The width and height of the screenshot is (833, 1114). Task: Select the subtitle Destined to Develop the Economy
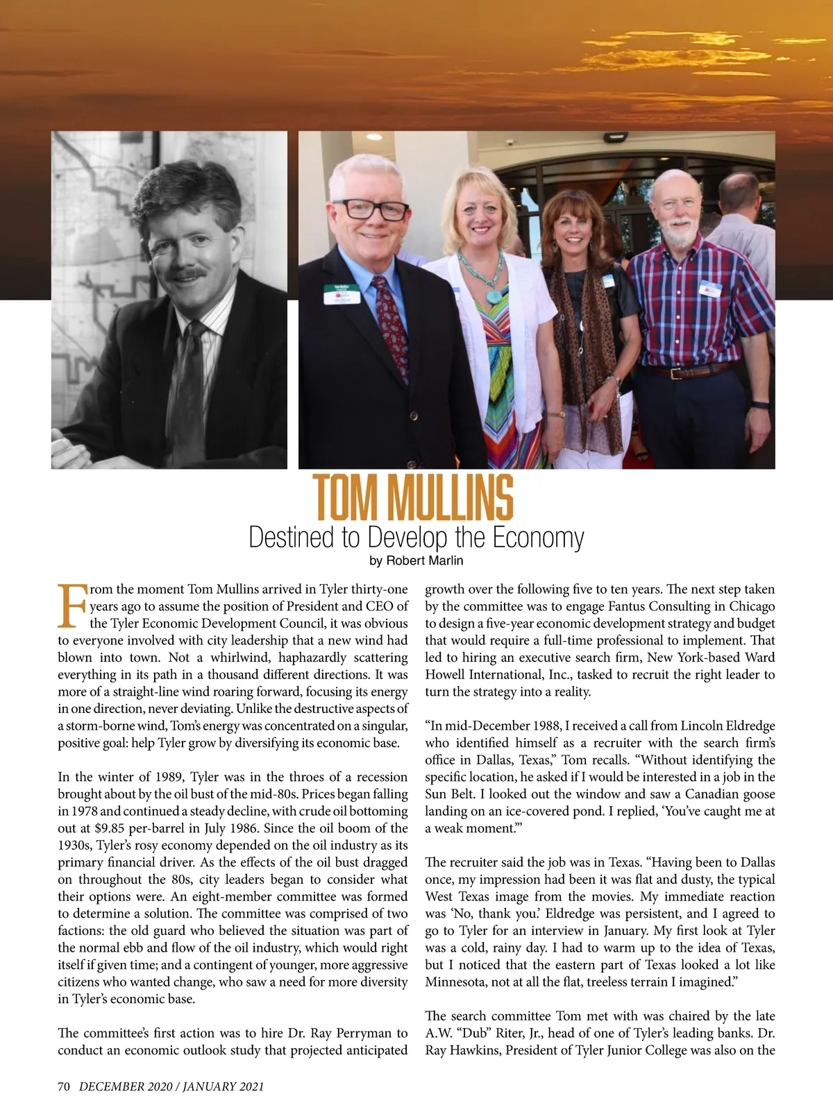(416, 538)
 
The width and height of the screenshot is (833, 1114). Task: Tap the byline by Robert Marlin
(416, 560)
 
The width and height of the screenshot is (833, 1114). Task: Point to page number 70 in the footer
(64, 1087)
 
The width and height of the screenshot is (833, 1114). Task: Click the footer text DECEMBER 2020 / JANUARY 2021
(171, 1087)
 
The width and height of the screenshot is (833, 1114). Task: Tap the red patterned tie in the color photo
(390, 326)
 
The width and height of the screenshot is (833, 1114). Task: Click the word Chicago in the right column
(752, 606)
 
